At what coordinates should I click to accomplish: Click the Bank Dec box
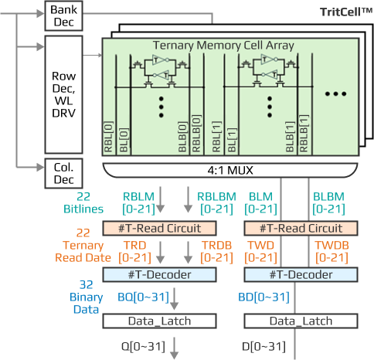[x=63, y=15]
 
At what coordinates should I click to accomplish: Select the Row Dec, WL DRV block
[x=63, y=94]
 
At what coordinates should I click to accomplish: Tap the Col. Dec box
[x=63, y=173]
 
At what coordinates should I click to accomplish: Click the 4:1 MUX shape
[x=230, y=170]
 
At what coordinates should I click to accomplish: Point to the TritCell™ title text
[x=346, y=12]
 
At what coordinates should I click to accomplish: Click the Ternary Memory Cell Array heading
[x=223, y=46]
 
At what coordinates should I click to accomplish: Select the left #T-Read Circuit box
[x=159, y=228]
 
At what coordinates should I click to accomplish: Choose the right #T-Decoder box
[x=301, y=274]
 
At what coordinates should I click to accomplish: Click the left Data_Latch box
[x=159, y=321]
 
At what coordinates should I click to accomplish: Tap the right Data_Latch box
[x=301, y=321]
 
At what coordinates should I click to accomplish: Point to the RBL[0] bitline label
[x=108, y=137]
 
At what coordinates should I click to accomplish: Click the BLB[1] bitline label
[x=291, y=137]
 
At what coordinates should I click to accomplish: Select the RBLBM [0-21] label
[x=216, y=203]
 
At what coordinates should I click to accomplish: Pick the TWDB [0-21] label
[x=331, y=251]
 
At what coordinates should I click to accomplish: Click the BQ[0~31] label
[x=143, y=297]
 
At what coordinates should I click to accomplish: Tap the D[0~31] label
[x=263, y=346]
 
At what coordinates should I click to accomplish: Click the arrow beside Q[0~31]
[x=175, y=348]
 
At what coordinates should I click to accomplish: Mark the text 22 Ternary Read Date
[x=83, y=245]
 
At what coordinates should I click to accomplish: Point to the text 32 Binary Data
[x=86, y=297]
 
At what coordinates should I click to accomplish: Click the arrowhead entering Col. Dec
[x=41, y=168]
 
